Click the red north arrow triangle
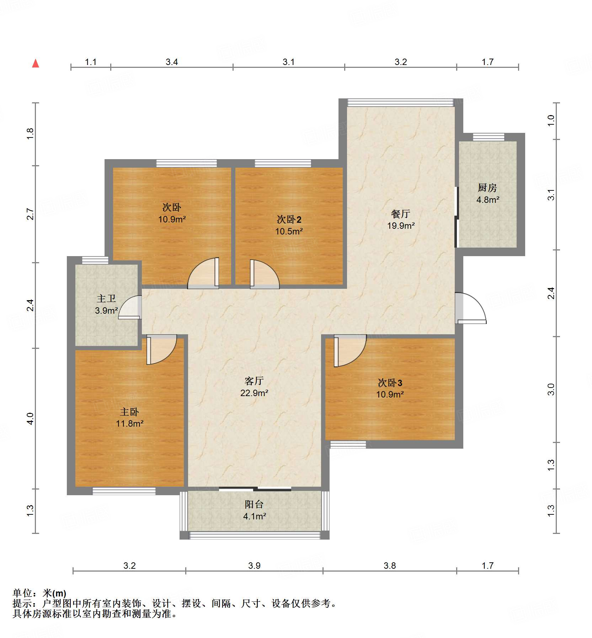tap(36, 64)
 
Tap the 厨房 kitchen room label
tap(487, 188)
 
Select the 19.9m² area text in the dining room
tap(401, 226)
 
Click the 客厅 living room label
tap(254, 381)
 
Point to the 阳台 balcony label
tap(254, 504)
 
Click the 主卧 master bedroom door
tap(161, 350)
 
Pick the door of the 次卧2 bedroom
tap(264, 275)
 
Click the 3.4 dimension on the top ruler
tap(172, 62)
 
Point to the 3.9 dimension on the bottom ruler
tap(254, 566)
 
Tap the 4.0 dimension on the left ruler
tap(31, 418)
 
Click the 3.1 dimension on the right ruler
tap(551, 195)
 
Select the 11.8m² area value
tap(129, 423)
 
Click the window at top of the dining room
tap(400, 103)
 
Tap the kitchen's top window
tap(488, 137)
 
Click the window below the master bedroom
tap(124, 491)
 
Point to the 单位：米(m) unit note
tap(39, 593)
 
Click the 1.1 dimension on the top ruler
tap(91, 62)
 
